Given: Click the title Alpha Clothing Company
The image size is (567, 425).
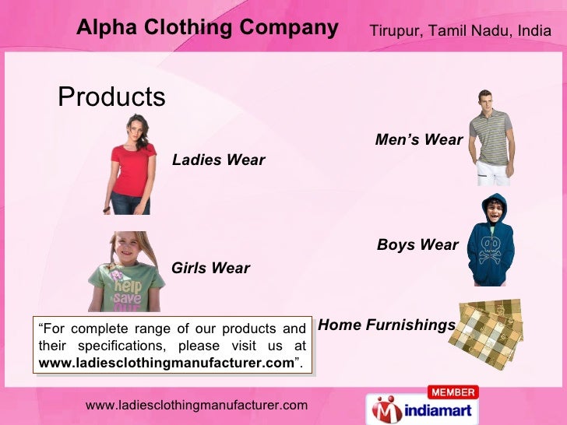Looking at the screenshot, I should pos(207,29).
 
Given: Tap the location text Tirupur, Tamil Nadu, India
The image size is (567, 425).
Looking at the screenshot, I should pos(460,30).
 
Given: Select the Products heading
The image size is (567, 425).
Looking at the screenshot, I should pos(112,97).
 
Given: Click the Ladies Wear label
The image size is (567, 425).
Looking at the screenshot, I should pos(218,160).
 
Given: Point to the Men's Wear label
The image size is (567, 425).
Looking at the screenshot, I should pos(419,140).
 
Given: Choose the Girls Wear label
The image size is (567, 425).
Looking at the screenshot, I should pos(210,269).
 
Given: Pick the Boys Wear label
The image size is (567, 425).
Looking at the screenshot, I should pos(417,245).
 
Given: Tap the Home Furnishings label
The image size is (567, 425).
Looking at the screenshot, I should pos(387,325).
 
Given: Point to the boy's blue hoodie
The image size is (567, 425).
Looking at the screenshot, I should pos(491,249).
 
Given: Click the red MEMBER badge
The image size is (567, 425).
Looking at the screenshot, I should pos(452,392).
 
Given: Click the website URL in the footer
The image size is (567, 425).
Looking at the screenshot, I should pos(196,405).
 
